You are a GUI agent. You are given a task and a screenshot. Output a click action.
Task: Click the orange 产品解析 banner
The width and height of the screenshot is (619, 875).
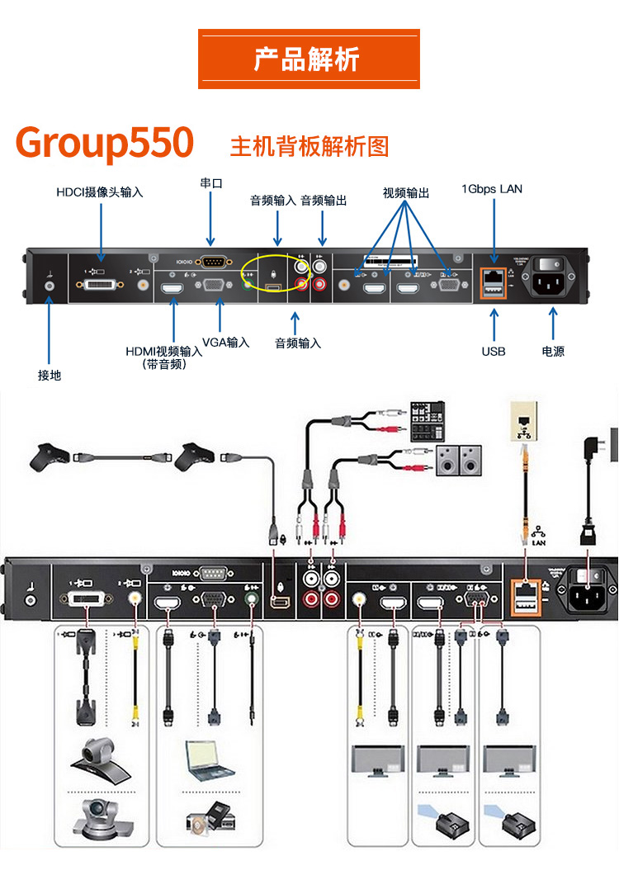click(x=309, y=59)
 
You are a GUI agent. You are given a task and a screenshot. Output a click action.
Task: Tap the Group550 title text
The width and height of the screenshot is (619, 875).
click(x=105, y=143)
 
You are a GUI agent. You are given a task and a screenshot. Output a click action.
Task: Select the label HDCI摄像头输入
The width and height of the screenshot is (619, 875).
click(x=100, y=192)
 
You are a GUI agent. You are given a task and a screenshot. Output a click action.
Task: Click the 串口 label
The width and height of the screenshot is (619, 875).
click(x=211, y=182)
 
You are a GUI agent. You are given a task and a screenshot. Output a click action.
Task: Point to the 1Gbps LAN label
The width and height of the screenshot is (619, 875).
click(x=492, y=189)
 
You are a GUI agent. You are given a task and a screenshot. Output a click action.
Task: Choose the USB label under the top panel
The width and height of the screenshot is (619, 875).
click(x=494, y=352)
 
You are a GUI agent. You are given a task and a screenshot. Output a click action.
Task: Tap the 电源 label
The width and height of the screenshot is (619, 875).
click(x=553, y=352)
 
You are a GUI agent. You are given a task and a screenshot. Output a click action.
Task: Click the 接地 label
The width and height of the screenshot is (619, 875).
click(x=50, y=376)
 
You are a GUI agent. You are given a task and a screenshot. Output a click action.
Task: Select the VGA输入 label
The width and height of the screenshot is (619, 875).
click(x=225, y=342)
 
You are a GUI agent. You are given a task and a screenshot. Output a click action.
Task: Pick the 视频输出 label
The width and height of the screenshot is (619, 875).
click(x=406, y=192)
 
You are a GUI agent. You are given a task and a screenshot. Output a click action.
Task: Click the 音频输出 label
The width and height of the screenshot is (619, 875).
click(x=324, y=201)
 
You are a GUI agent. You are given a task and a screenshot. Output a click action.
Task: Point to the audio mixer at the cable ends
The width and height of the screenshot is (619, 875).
click(x=428, y=420)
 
